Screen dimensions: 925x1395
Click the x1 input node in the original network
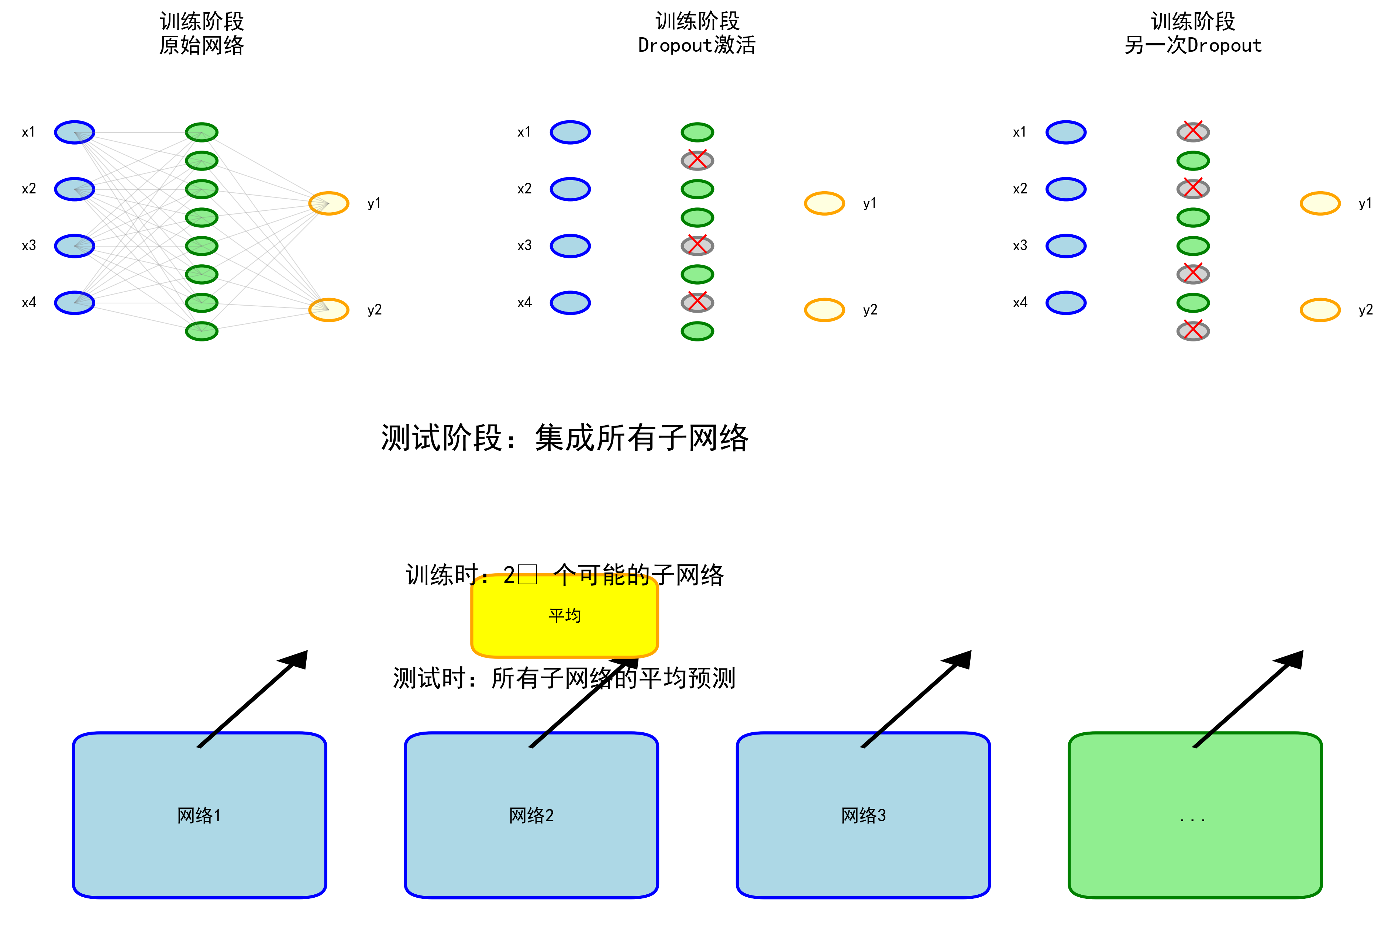(74, 132)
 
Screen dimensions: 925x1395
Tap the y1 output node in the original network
(328, 203)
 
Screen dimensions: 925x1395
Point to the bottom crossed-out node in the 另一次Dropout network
(1193, 331)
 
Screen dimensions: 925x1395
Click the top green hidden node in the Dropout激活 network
(697, 132)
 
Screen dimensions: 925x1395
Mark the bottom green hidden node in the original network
(202, 331)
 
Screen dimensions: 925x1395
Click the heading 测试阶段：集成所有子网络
(565, 438)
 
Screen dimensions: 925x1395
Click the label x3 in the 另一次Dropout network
(1020, 245)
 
